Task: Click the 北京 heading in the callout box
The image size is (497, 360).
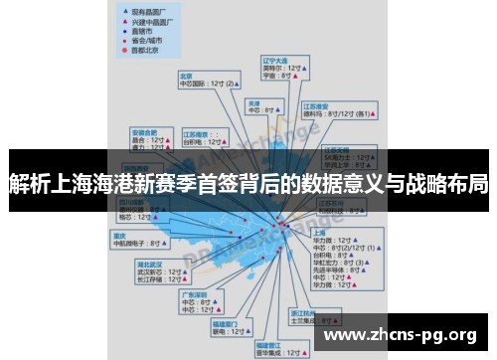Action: pos(185,75)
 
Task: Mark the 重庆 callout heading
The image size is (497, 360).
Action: pos(118,234)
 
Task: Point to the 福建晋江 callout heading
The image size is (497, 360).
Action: pos(269,342)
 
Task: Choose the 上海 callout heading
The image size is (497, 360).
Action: pos(321,231)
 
